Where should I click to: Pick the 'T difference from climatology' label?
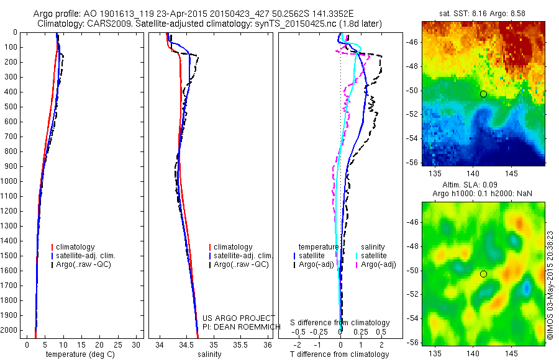tap(340, 354)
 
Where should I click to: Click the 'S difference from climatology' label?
tap(340, 323)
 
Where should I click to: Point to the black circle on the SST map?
tap(483, 94)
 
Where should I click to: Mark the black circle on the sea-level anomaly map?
tap(483, 274)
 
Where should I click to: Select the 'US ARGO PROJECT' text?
tap(230, 317)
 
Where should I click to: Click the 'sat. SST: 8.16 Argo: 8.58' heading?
tap(483, 13)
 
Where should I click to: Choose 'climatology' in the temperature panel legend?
tap(76, 247)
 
